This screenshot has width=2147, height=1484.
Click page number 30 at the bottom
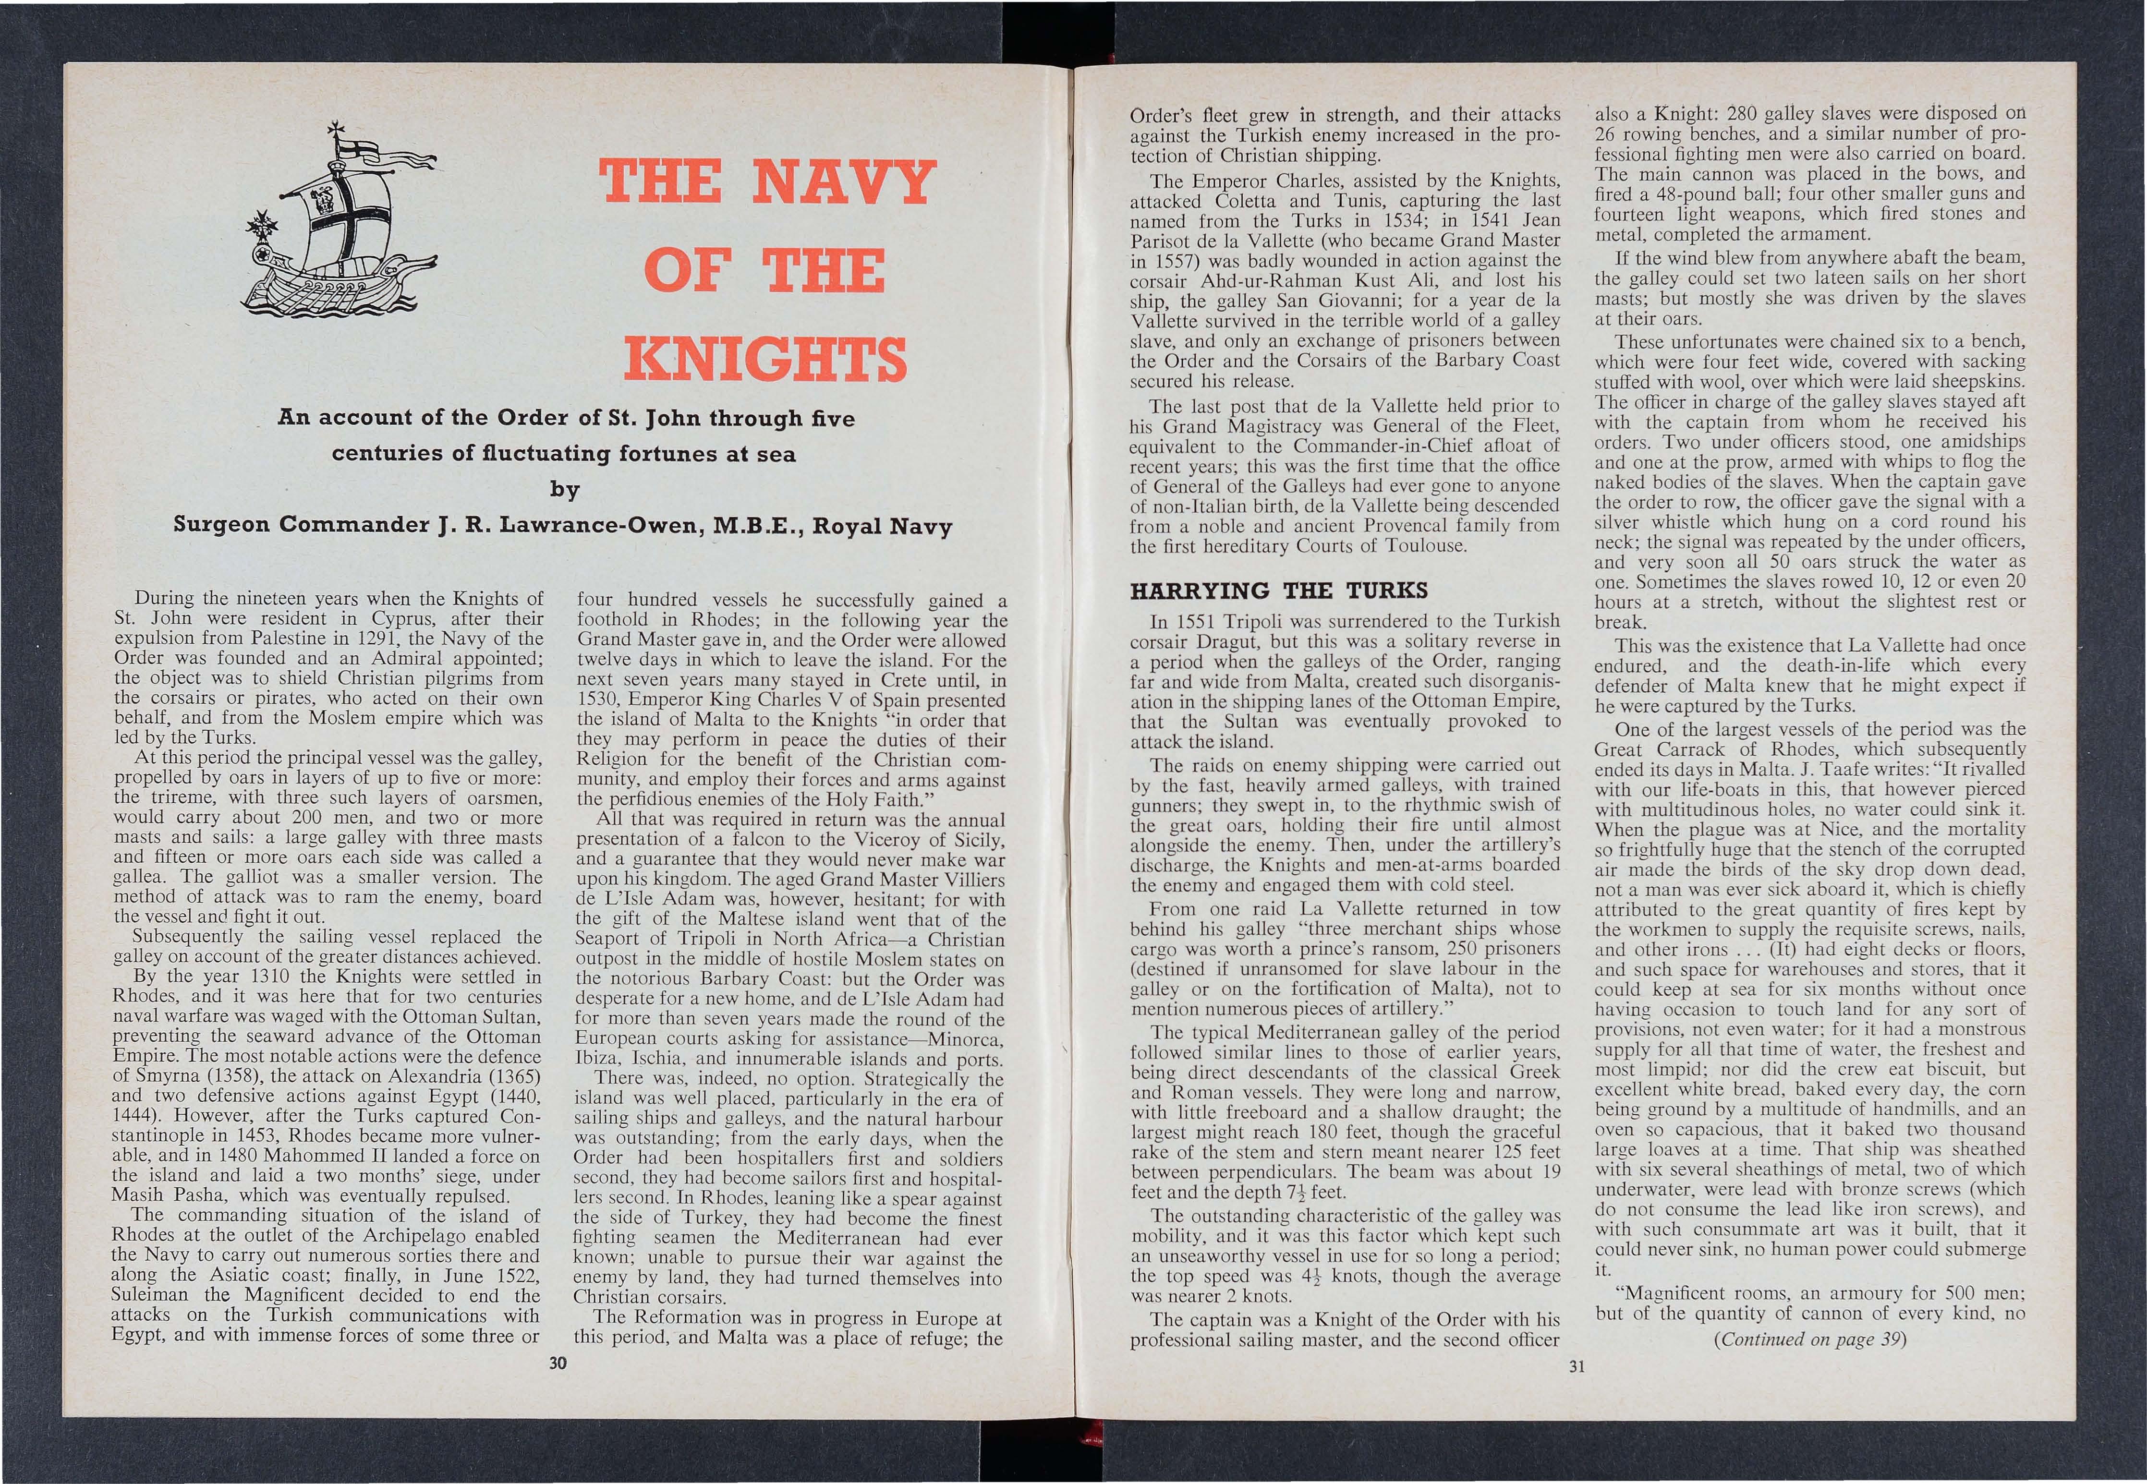(x=558, y=1364)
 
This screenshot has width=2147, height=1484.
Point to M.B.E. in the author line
(x=756, y=526)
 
